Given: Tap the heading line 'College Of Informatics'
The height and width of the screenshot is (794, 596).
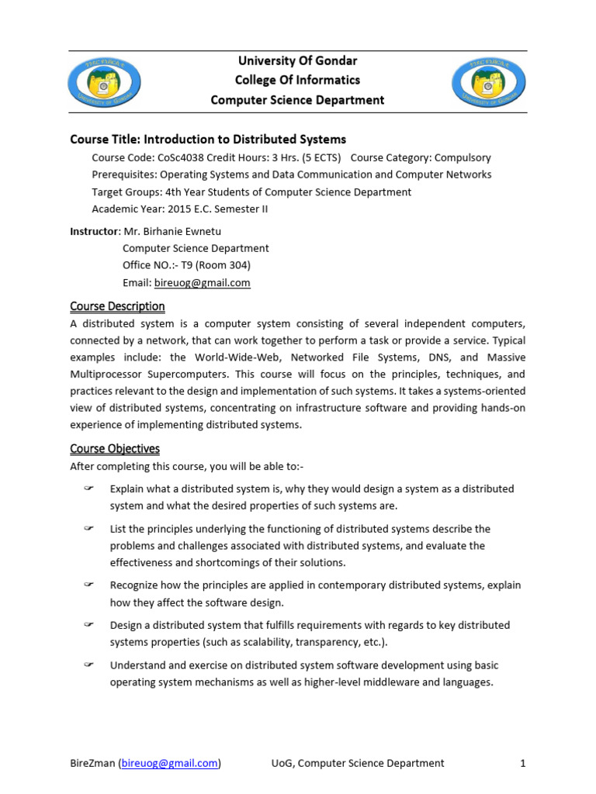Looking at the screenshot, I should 298,80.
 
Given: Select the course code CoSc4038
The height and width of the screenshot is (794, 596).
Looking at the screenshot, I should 185,157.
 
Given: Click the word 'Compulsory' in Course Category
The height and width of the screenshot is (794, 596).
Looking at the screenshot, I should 463,157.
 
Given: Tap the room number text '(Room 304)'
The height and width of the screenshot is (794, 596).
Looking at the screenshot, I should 219,266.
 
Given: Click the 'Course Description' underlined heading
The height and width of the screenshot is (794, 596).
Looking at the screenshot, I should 117,306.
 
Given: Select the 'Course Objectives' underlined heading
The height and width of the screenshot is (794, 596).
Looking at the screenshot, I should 115,449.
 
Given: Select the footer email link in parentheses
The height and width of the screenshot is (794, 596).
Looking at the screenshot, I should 169,763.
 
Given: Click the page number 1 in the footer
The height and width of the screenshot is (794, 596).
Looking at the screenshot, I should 523,763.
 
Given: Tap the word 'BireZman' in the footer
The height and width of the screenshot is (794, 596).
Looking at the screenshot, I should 92,763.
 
